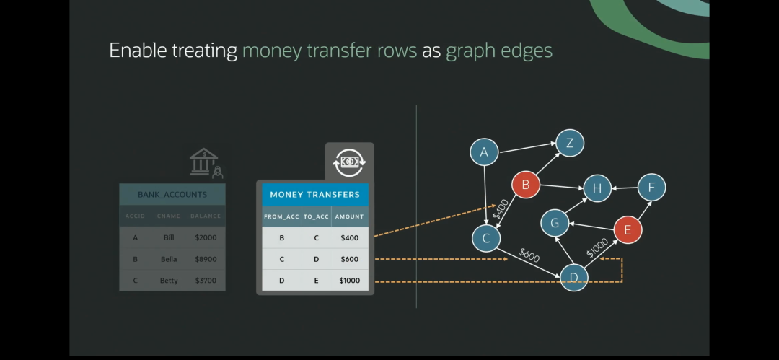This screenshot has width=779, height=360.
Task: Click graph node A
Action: click(x=484, y=152)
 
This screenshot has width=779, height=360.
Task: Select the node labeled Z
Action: click(x=570, y=143)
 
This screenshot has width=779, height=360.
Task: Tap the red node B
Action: click(x=526, y=185)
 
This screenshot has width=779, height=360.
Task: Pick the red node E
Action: click(x=628, y=230)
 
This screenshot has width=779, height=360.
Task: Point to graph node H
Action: click(x=597, y=189)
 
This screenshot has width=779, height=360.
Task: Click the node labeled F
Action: click(x=651, y=188)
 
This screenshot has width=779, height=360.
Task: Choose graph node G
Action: click(x=555, y=223)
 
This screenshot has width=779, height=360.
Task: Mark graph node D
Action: click(x=574, y=277)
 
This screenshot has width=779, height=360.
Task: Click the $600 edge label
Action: click(x=530, y=254)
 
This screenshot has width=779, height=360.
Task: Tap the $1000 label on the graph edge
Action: click(x=597, y=247)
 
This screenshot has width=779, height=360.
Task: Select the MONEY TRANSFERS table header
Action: click(x=314, y=194)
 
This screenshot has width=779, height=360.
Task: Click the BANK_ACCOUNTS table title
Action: click(x=172, y=194)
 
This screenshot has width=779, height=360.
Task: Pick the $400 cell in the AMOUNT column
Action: click(x=349, y=237)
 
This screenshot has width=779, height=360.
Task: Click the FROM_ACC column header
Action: click(x=281, y=216)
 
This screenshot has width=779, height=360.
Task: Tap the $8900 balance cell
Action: click(x=205, y=259)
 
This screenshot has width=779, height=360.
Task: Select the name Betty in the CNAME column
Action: click(x=169, y=281)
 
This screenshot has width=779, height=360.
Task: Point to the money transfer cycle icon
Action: click(x=349, y=162)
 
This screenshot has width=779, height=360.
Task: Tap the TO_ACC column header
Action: click(x=316, y=216)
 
